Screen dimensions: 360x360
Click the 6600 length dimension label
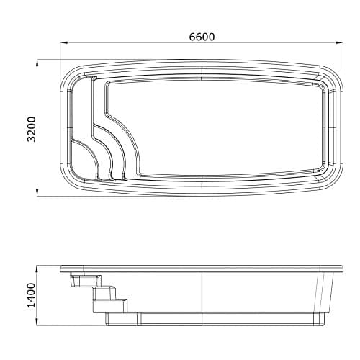202,37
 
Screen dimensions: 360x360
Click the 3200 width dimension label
32,130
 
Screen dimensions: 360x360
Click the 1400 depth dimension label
31,295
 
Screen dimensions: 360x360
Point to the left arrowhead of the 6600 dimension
63,43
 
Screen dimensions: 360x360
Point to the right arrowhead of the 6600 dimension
339,43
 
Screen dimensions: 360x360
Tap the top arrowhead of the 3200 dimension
37,63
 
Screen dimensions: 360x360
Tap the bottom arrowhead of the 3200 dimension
37,193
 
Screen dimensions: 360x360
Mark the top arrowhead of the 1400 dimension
37,269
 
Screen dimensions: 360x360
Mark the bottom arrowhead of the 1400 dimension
37,323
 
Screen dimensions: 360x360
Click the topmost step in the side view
86,281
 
